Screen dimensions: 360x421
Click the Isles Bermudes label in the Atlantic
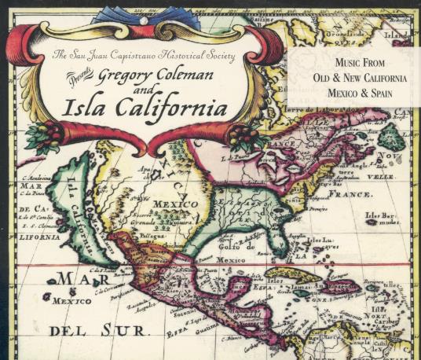coord(383,218)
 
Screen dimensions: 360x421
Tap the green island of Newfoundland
coord(390,138)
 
